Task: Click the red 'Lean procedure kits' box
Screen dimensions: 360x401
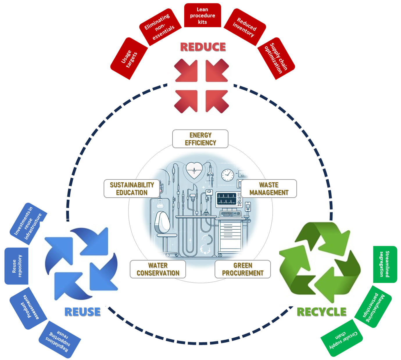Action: coord(203,15)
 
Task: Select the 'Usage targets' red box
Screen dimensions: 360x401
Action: coord(129,58)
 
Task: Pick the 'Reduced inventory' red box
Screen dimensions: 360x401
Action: coord(245,27)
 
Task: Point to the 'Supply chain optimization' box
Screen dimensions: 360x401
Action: coord(276,58)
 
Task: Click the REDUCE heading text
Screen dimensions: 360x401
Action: coord(203,47)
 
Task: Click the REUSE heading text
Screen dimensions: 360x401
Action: coord(83,312)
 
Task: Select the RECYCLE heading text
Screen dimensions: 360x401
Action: coord(321,312)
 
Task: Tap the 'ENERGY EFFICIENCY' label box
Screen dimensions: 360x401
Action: coord(200,139)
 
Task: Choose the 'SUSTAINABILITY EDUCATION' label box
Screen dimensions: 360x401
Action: coord(132,189)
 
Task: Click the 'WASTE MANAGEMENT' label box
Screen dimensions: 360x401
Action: coord(269,189)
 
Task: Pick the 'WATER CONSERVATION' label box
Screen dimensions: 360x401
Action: coord(158,269)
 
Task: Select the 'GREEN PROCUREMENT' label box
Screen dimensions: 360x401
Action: coord(243,269)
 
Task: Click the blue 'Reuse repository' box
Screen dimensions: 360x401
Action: coord(17,266)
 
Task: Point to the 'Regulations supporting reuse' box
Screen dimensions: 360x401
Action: coord(60,339)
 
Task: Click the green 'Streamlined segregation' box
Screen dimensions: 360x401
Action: coord(385,264)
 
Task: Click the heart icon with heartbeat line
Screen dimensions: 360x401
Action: coord(194,170)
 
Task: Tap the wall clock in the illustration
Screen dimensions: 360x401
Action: coord(228,175)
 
